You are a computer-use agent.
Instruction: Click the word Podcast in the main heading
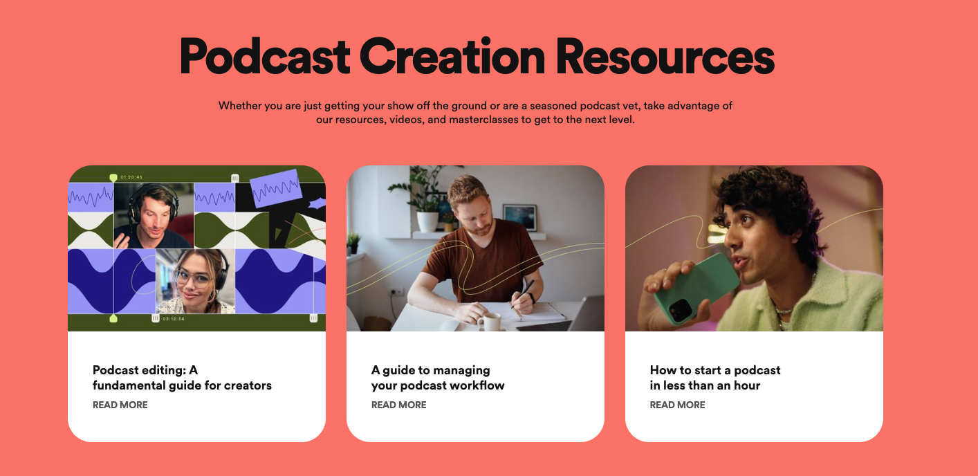click(265, 56)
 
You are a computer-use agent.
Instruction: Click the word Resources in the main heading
click(665, 56)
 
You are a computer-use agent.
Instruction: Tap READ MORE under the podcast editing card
click(120, 405)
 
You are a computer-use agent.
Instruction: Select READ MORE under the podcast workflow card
click(398, 405)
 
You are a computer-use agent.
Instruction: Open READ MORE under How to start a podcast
click(677, 405)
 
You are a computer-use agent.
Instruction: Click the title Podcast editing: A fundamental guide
click(182, 378)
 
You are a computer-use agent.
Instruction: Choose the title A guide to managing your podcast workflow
click(438, 378)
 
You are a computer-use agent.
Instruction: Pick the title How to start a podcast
click(714, 378)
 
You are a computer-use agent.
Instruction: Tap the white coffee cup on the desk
click(490, 322)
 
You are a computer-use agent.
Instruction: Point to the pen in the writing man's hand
click(524, 296)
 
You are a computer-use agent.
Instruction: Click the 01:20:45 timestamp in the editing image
click(131, 177)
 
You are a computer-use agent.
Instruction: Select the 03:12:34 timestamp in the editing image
click(174, 319)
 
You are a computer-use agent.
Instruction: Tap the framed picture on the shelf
click(519, 217)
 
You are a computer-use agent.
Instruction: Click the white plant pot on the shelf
click(427, 221)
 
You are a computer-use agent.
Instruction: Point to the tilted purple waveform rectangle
click(276, 187)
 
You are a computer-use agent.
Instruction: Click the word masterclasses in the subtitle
click(483, 120)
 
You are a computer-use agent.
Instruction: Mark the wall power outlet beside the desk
click(396, 291)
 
